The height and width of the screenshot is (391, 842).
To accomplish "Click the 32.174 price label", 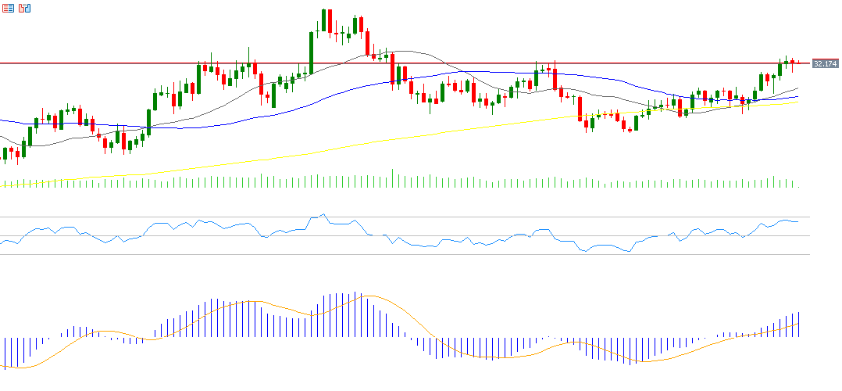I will click(x=825, y=63).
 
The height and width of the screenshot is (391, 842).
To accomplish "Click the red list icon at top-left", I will click(x=8, y=8).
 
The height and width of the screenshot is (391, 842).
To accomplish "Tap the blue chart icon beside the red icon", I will click(x=24, y=8).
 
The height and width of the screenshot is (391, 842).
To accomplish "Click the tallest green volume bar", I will click(x=392, y=178).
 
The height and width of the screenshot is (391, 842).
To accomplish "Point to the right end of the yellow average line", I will click(x=797, y=102).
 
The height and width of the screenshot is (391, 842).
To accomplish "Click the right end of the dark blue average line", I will click(x=797, y=96).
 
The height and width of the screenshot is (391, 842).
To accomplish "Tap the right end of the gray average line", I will click(x=797, y=88).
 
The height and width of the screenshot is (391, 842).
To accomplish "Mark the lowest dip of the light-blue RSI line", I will click(x=627, y=252).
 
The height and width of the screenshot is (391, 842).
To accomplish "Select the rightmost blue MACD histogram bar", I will click(x=799, y=325).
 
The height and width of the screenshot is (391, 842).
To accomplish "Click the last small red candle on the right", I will click(x=798, y=63).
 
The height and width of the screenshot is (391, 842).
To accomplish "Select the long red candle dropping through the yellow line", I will click(x=580, y=109).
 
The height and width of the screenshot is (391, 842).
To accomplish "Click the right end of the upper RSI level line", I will click(x=809, y=217).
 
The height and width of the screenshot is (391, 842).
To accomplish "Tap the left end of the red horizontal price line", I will click(x=2, y=63).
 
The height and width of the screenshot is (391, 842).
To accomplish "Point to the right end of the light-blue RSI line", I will click(x=798, y=221).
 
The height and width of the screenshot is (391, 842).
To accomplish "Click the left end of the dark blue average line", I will click(x=2, y=120).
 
